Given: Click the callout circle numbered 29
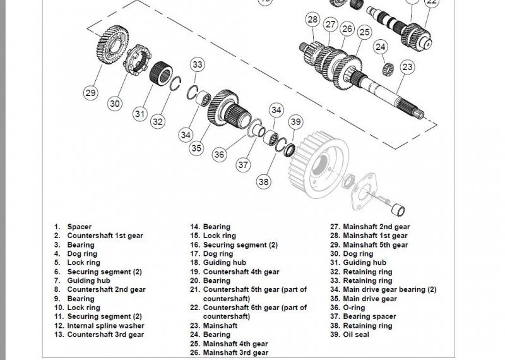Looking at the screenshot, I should pyautogui.click(x=91, y=93).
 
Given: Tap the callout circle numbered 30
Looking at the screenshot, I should pyautogui.click(x=115, y=104).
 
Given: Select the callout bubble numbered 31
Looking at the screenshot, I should pyautogui.click(x=140, y=114).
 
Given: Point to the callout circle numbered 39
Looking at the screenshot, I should pyautogui.click(x=295, y=122).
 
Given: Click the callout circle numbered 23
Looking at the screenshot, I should pyautogui.click(x=408, y=67).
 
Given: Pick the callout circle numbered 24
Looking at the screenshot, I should pyautogui.click(x=379, y=47).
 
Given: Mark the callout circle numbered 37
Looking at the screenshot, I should pyautogui.click(x=243, y=165).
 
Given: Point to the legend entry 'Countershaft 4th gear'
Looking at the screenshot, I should pyautogui.click(x=241, y=272).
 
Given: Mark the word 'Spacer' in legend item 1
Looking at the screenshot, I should pyautogui.click(x=80, y=227).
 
